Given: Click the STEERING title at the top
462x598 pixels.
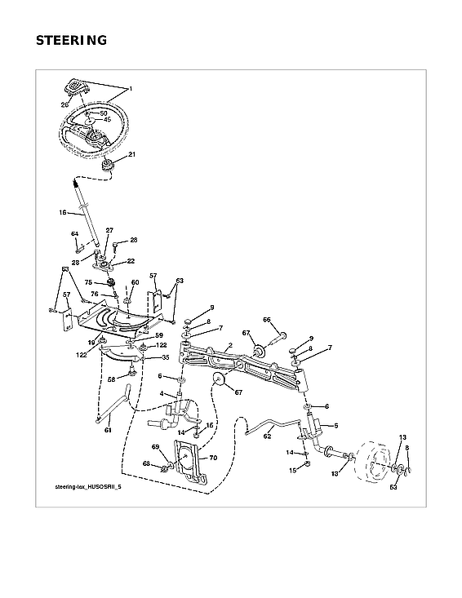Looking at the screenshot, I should point(72,40).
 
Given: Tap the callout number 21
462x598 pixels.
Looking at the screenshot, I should point(131,154).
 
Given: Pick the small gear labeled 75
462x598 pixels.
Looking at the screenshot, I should point(112,283).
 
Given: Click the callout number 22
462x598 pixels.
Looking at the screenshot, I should point(131,261).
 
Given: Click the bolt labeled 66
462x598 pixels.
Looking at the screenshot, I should point(278,334).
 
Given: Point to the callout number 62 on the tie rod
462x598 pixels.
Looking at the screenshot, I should point(267,436).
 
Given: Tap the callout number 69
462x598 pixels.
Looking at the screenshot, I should point(154,448).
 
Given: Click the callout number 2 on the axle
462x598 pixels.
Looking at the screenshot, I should point(231,346).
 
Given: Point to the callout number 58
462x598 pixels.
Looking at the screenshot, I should point(111,379).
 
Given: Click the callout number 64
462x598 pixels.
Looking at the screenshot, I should point(74,235).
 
